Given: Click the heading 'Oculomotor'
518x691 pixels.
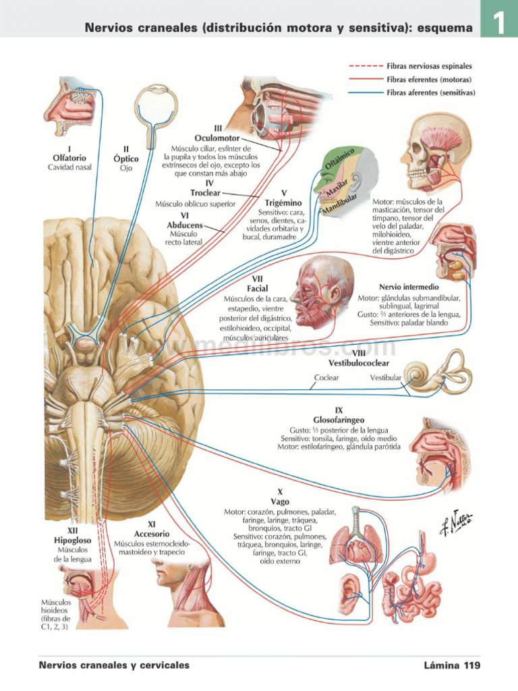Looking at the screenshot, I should [217, 138].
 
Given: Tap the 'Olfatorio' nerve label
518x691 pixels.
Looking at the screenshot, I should [64, 158].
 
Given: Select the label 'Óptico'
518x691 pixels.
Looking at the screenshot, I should [126, 159].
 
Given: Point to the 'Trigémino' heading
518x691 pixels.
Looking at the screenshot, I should [283, 202].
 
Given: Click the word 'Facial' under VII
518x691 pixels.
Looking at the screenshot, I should [258, 289].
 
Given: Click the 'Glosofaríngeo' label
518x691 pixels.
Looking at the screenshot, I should [339, 420].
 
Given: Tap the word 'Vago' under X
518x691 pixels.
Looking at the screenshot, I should [280, 502].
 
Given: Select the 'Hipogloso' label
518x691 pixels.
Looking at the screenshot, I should [72, 541].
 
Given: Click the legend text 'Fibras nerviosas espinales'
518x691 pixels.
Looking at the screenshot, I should [429, 67].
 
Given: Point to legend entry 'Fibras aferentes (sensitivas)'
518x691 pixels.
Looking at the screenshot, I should [430, 92].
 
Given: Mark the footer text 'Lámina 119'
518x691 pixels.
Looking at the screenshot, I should [451, 665].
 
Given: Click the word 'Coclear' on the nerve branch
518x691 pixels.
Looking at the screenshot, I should [326, 378].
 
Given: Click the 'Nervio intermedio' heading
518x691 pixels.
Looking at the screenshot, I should [409, 287].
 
